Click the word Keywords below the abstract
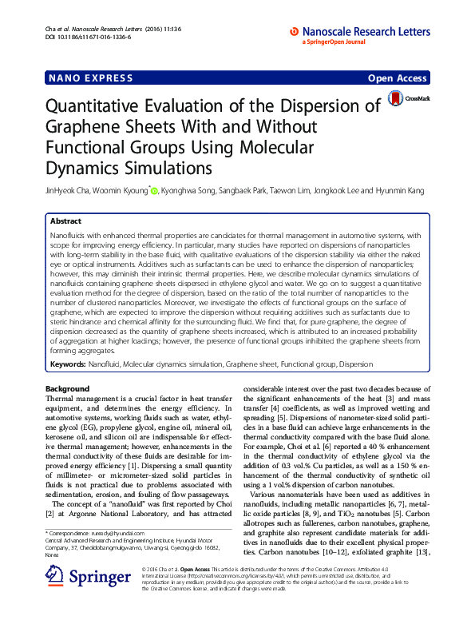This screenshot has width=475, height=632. coord(68,364)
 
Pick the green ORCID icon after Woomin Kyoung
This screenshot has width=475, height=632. coord(154,191)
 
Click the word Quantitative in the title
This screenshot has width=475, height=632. coord(107,107)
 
